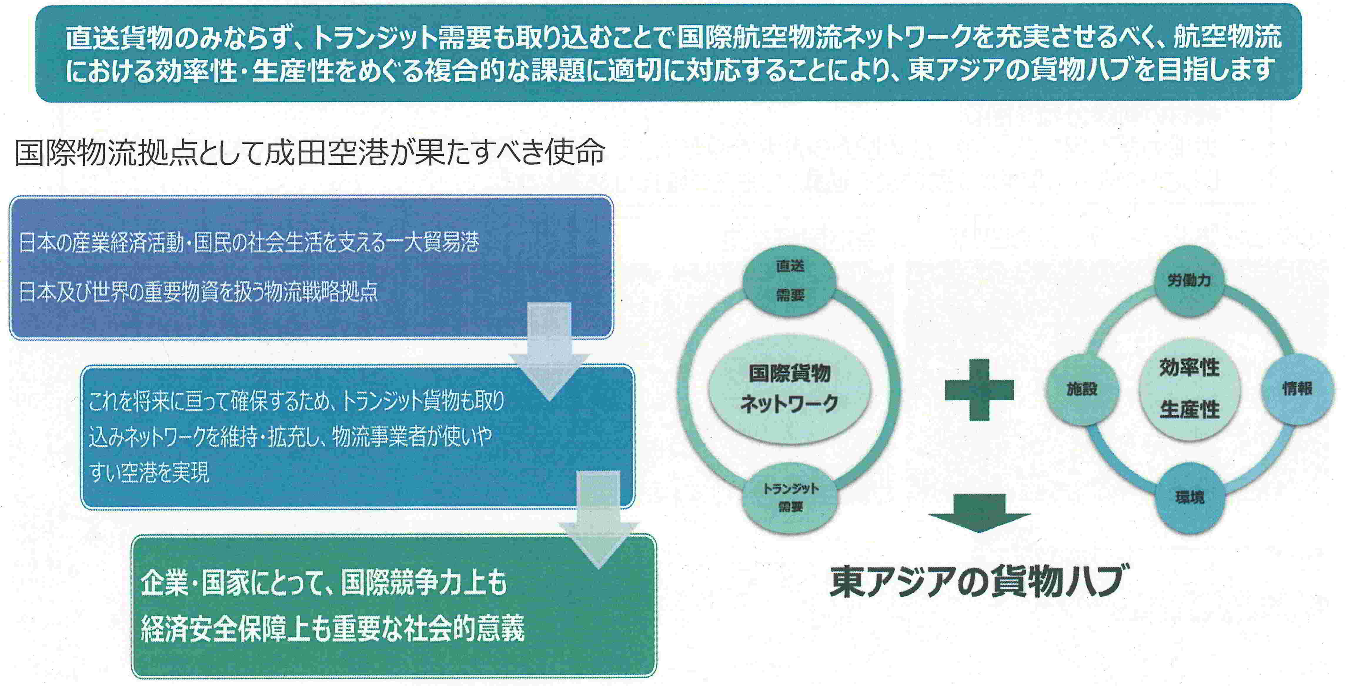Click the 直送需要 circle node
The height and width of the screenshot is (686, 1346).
tap(789, 281)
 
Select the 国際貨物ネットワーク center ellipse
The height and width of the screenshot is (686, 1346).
tap(789, 389)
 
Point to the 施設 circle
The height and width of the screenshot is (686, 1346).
tap(1082, 389)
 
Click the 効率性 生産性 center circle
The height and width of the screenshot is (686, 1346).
tap(1189, 389)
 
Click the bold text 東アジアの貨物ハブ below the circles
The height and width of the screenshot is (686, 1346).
tap(976, 581)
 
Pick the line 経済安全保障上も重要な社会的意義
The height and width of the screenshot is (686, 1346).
tap(332, 628)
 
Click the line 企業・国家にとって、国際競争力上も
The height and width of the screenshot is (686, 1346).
tap(324, 583)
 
